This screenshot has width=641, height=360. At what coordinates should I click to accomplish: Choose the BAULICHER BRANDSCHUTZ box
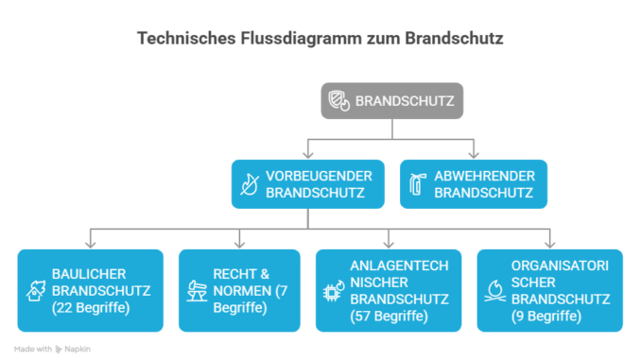tap(90, 290)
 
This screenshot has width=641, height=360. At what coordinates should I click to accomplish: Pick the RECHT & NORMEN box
tap(240, 290)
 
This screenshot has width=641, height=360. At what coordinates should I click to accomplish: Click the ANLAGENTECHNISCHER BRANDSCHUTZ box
tap(389, 290)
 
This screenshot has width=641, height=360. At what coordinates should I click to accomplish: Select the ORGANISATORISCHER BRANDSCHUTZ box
tap(549, 290)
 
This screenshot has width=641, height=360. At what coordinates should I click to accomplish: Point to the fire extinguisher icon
tap(416, 184)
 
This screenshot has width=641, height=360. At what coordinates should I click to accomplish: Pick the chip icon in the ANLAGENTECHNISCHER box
tap(333, 291)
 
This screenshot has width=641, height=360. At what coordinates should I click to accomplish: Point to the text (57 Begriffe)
tap(388, 316)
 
